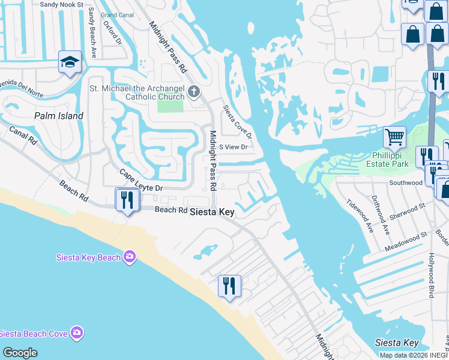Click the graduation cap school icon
(x=70, y=62)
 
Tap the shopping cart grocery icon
(x=394, y=137)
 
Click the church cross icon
(x=193, y=91)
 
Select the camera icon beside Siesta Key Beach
(x=130, y=257)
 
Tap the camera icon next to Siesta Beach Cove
(x=76, y=332)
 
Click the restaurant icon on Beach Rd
(x=127, y=199)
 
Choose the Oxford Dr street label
(x=112, y=33)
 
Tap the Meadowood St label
(x=406, y=235)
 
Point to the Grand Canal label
(x=118, y=14)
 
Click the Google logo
(x=20, y=352)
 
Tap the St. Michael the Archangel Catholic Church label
(x=137, y=93)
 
